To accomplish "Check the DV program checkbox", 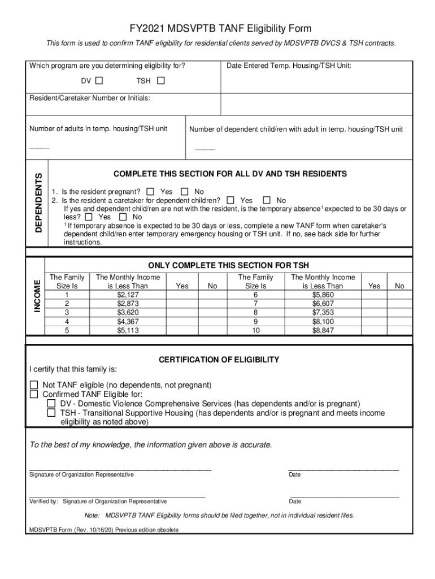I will pos(99,81).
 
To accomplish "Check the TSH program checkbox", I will pos(161,81).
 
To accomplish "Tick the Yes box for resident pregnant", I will pos(150,192).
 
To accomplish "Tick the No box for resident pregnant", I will pos(184,192).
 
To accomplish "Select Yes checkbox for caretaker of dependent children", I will pos(230,200).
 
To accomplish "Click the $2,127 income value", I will pos(128,295).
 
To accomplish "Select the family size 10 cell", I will pos(255,330).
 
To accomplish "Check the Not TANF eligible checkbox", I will pos(34,385).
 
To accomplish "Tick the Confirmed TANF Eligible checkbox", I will pos(34,394).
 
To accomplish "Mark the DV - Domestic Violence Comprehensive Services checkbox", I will pos(51,404).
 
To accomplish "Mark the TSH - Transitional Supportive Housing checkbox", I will pos(51,413).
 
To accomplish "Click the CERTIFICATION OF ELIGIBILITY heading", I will pos(219,360).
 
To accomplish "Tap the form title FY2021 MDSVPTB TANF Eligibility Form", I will pos(220,29).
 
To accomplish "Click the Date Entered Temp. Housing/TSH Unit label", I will pos(289,66).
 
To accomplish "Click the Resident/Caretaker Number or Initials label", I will pos(89,98).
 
